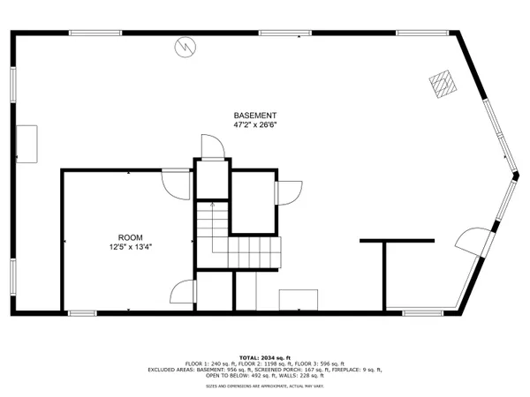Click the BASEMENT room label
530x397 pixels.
(255, 116)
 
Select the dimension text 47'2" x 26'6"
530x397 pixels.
(255, 126)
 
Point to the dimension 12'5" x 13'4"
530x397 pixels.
(130, 248)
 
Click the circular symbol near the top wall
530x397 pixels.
(186, 45)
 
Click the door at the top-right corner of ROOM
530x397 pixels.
(177, 184)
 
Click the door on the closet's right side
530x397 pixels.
(288, 192)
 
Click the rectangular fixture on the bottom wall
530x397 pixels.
(299, 300)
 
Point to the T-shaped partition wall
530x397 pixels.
(397, 241)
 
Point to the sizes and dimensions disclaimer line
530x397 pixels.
(264, 386)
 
